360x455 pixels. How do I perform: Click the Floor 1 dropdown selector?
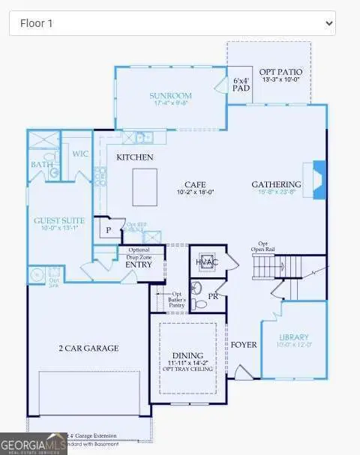coord(172,23)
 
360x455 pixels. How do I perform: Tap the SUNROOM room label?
coord(169,96)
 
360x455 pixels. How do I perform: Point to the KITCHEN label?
coord(135,157)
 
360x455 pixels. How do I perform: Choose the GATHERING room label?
coord(276,184)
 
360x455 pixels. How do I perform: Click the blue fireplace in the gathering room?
coord(319,180)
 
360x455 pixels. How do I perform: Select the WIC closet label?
coord(79,154)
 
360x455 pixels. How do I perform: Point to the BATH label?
coord(40,164)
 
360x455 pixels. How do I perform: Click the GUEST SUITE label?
coord(58,221)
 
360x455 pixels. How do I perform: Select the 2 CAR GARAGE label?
coord(88,348)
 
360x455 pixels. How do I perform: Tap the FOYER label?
coord(244,345)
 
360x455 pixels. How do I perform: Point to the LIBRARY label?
coord(294,337)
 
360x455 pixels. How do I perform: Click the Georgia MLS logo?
coord(34,444)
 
